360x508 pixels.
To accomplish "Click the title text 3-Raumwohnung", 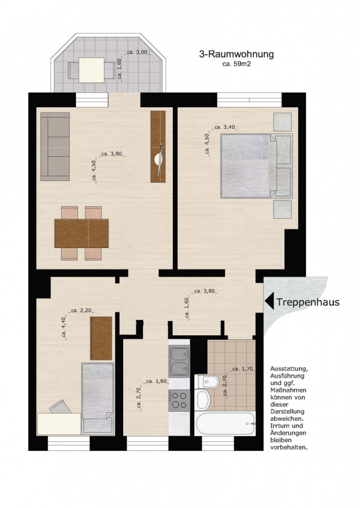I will point(236,55).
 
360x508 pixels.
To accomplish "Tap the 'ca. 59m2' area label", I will point(236,64).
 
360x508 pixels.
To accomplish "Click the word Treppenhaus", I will point(307,302).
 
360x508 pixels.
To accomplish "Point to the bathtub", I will point(226,424).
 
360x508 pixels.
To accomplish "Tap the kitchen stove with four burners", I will point(179,400).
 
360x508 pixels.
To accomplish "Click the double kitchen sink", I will point(179,362).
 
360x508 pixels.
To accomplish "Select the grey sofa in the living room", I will point(55,147).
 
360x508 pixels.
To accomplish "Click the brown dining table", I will point(81,233).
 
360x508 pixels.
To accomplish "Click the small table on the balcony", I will point(91,70).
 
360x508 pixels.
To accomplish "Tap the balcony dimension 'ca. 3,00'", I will point(138,52).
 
